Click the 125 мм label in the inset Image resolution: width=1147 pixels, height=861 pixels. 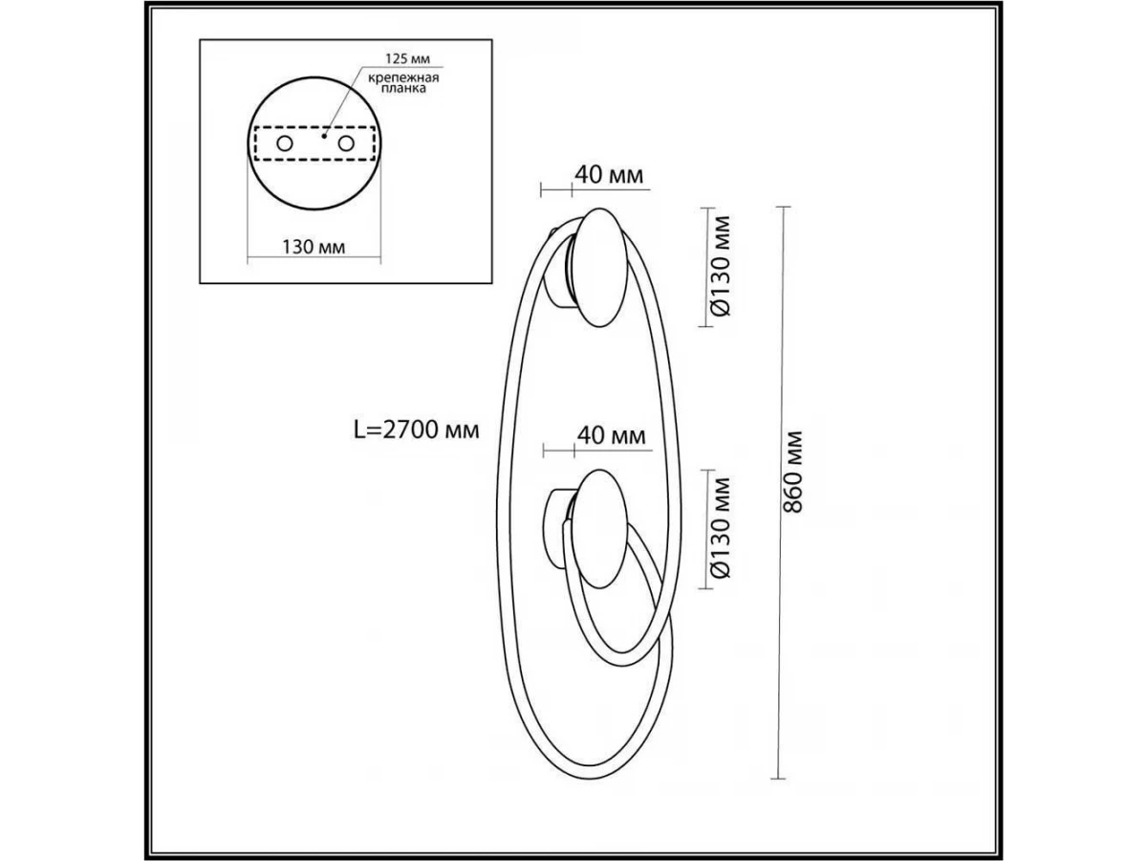407,58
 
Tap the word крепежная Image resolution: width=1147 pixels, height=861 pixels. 403,78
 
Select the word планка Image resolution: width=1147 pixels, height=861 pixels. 403,88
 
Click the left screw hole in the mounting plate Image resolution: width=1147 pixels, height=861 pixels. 285,143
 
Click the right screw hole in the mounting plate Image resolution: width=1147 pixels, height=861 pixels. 346,143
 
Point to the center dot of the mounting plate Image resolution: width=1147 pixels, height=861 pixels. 324,136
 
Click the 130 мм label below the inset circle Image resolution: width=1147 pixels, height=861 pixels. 314,247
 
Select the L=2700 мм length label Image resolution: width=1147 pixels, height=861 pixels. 417,430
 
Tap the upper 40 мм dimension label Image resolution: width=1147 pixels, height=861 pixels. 609,175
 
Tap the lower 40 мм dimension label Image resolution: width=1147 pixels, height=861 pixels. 612,435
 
